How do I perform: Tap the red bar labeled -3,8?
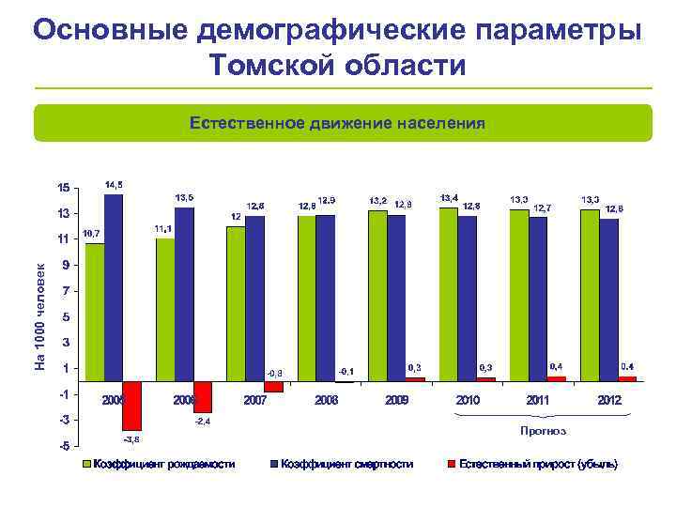(x=131, y=405)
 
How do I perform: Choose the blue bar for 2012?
(x=608, y=300)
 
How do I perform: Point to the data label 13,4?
(x=450, y=198)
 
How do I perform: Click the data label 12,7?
(x=543, y=207)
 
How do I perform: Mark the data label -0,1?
(x=346, y=371)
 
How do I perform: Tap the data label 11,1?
(x=161, y=228)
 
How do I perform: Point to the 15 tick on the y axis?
(x=62, y=188)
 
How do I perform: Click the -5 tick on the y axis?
(x=62, y=445)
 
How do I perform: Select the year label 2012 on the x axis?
(x=609, y=400)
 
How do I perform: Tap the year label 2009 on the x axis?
(x=397, y=400)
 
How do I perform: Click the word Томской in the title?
(x=271, y=66)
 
